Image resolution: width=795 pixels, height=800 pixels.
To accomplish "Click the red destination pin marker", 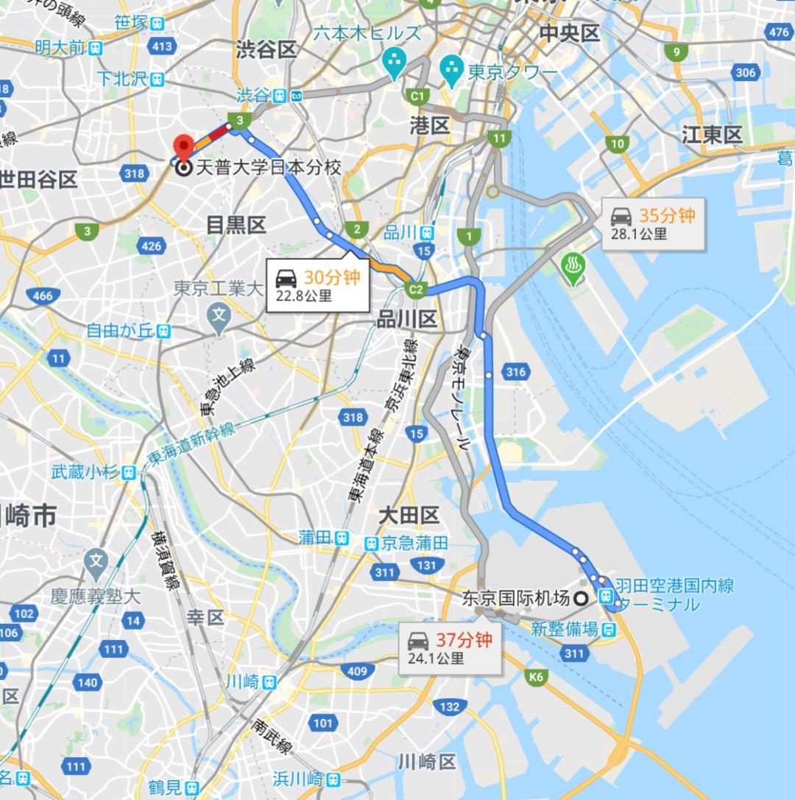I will click(x=182, y=146).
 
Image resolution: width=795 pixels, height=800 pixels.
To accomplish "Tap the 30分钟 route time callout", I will click(x=318, y=285).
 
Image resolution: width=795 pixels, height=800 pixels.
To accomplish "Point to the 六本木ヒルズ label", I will click(x=367, y=33).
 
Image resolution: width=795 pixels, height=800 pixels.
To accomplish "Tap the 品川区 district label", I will click(x=407, y=319).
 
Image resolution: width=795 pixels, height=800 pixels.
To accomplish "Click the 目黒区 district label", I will click(x=236, y=225).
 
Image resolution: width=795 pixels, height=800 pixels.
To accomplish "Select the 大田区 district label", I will click(x=409, y=515).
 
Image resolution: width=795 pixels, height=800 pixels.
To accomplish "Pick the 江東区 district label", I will click(x=712, y=135).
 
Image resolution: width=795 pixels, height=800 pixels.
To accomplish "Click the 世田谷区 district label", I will click(x=38, y=179).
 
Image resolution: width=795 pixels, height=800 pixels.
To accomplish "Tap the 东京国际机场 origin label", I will click(x=515, y=599).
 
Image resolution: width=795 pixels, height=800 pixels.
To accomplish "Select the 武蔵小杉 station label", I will click(x=85, y=472).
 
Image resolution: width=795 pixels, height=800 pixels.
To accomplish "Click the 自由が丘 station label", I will click(x=119, y=331).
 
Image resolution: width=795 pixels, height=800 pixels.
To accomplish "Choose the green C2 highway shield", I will click(x=417, y=290).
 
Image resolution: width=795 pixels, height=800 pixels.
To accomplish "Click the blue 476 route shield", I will click(x=779, y=32).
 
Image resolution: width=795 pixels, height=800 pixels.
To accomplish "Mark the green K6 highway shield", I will click(x=535, y=676).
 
